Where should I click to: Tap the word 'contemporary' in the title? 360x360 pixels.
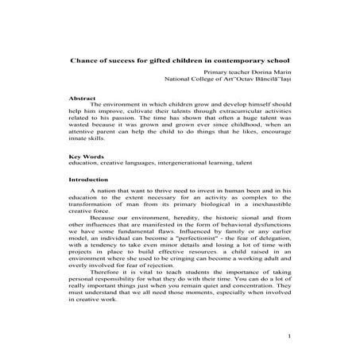click(x=238, y=59)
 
